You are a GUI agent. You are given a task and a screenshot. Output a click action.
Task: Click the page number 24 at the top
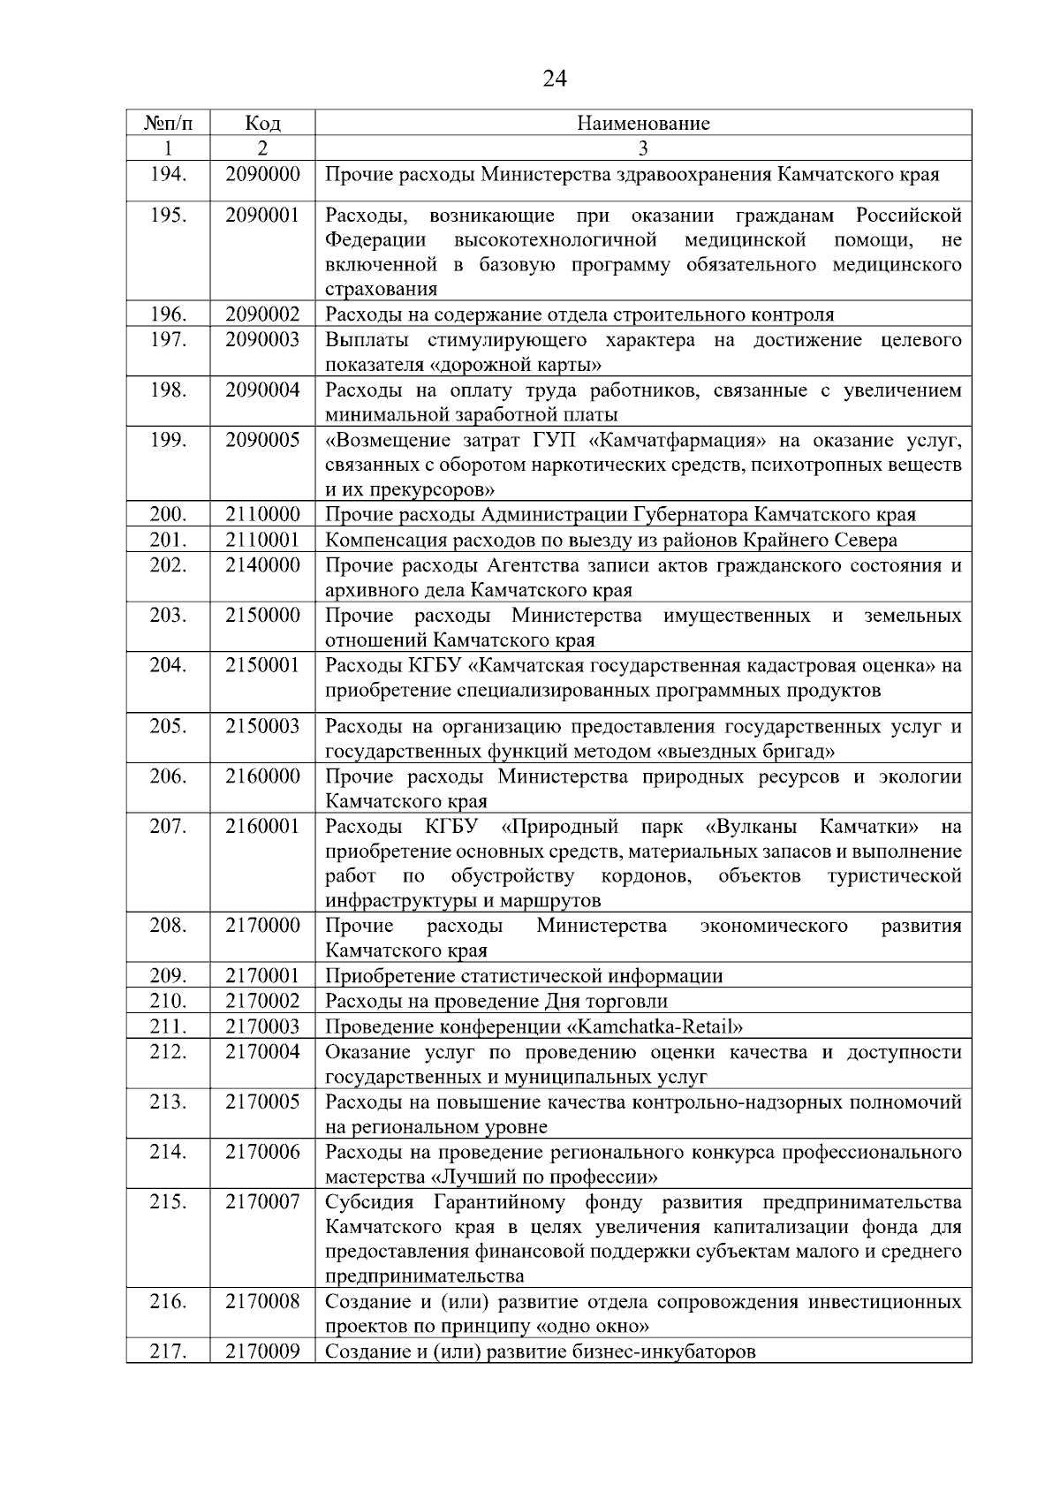click(554, 79)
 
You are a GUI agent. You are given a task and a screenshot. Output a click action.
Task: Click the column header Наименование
click(643, 123)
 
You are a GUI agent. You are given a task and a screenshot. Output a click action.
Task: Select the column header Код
click(262, 123)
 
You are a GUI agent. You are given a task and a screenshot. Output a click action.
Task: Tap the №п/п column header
click(168, 123)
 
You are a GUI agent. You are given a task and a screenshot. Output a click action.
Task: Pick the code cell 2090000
click(262, 174)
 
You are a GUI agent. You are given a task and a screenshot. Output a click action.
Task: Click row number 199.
click(168, 440)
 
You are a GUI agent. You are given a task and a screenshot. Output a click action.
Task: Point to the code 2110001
click(262, 540)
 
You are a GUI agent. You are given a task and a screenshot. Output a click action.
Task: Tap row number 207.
click(168, 827)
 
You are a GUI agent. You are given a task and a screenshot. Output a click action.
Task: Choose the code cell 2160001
click(262, 827)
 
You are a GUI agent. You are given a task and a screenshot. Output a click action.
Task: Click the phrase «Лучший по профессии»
click(544, 1177)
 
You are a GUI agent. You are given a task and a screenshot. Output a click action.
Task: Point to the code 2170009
click(262, 1351)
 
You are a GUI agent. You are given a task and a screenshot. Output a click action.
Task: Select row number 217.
click(168, 1351)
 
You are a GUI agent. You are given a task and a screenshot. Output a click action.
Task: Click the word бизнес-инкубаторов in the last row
click(672, 1351)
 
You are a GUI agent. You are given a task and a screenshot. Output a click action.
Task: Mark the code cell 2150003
click(262, 726)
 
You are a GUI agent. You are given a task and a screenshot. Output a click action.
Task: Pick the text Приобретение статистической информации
click(524, 976)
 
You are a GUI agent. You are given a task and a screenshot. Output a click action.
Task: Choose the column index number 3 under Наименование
click(643, 148)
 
